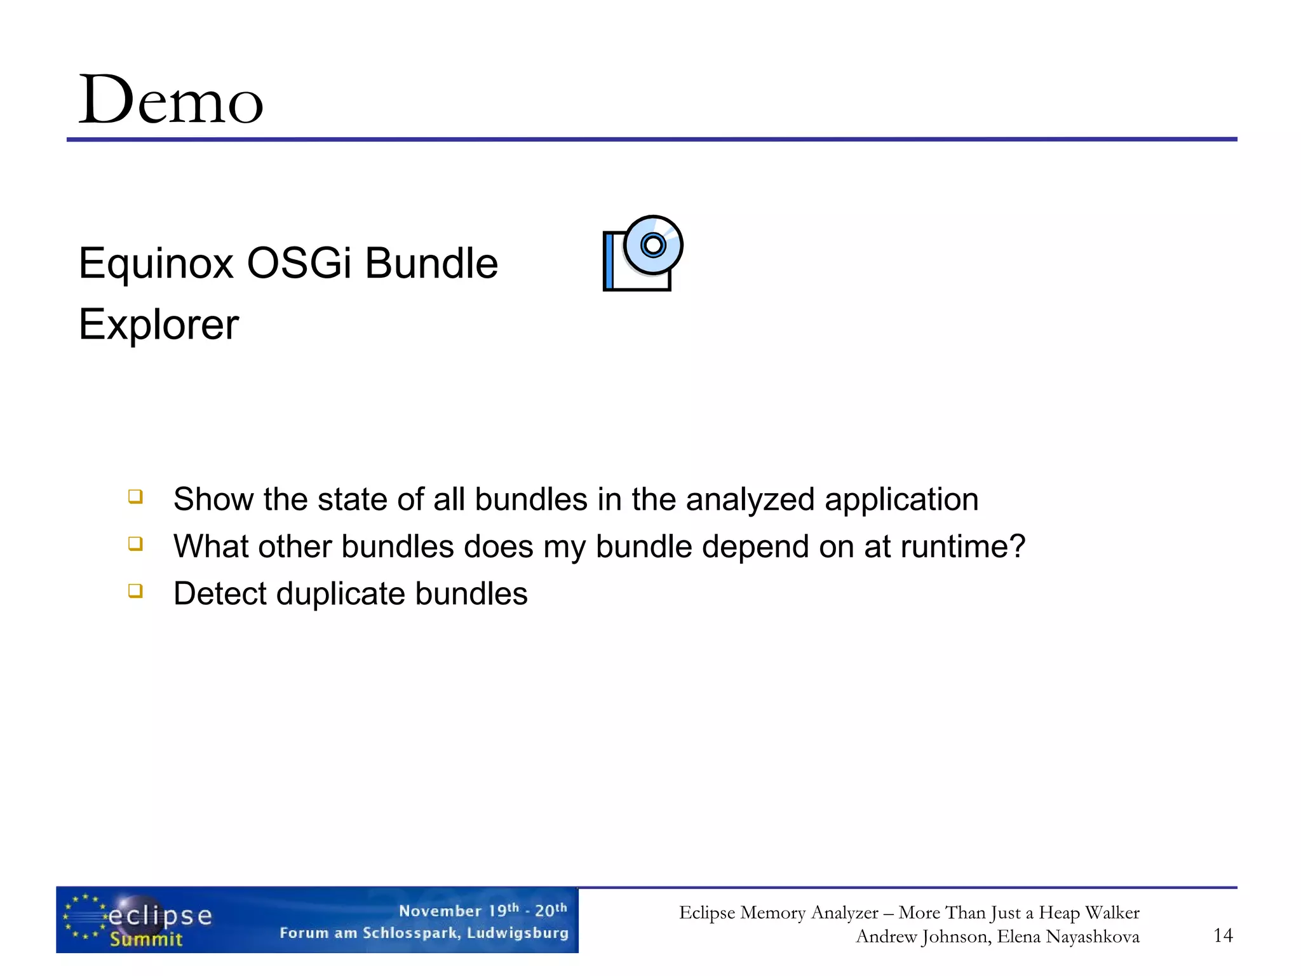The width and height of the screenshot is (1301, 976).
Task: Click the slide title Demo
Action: coord(170,100)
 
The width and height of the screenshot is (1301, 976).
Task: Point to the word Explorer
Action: coord(159,325)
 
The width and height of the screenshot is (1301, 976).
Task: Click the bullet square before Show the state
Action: coord(135,496)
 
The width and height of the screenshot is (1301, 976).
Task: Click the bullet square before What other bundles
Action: coord(135,543)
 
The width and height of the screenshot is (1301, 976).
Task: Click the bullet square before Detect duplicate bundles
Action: coord(135,590)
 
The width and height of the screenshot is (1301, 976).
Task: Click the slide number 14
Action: coord(1223,935)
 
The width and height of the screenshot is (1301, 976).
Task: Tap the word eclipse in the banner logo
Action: coord(160,916)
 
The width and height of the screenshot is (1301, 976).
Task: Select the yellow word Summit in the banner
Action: coord(146,939)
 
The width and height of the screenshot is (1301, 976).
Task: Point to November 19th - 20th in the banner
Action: coord(483,910)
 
